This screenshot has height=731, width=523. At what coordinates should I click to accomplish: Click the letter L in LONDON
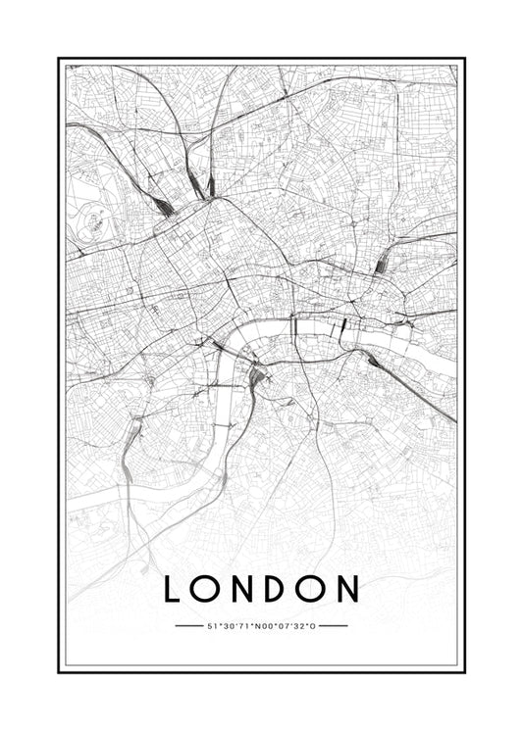[173, 589]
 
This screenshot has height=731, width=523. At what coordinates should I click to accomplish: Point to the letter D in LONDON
[278, 589]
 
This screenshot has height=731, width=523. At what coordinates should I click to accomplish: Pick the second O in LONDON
[312, 589]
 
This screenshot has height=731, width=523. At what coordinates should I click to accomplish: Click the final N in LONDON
[348, 589]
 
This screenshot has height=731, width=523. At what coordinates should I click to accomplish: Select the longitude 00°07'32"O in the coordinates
[288, 625]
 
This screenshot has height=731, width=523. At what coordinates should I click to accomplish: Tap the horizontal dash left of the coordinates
[187, 625]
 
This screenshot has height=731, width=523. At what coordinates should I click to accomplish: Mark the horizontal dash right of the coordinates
[334, 625]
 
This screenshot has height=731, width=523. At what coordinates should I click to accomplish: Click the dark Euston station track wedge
[160, 205]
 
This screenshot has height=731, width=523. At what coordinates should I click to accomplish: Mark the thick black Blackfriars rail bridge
[291, 323]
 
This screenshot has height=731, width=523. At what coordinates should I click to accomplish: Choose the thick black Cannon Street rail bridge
[344, 328]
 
